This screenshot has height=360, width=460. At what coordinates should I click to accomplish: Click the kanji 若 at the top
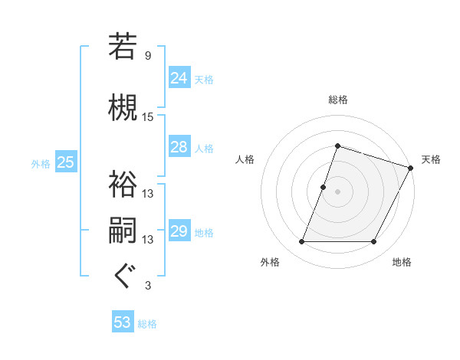[x=123, y=47]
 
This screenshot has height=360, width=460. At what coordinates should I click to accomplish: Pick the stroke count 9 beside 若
[x=148, y=56]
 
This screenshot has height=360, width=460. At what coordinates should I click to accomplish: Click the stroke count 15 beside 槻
[x=148, y=117]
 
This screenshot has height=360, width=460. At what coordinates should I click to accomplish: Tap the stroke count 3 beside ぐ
[x=148, y=286]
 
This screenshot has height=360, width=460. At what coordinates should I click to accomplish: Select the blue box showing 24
[x=179, y=78]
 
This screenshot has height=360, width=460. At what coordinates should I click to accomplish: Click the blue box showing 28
[x=179, y=147]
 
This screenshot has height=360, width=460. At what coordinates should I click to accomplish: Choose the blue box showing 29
[x=179, y=231]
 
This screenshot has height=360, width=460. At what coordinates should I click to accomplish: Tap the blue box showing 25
[x=65, y=162]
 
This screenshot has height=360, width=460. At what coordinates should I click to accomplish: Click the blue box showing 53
[x=123, y=322]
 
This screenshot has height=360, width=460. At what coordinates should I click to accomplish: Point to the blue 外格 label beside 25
[x=40, y=163]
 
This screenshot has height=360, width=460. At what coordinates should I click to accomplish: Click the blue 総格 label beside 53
[x=147, y=323]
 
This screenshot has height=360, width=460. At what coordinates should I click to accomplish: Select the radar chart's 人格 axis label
[x=245, y=159]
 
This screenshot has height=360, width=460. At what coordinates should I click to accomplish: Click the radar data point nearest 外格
[x=301, y=242]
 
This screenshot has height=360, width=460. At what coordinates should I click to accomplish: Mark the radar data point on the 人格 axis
[x=324, y=187]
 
